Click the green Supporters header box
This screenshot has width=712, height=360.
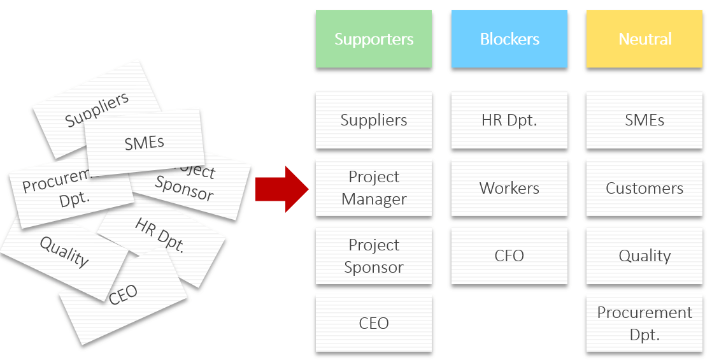[x=374, y=39]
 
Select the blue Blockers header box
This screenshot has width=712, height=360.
[x=509, y=39]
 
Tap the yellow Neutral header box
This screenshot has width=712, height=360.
[x=645, y=39]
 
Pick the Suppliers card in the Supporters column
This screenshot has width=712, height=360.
[x=374, y=120]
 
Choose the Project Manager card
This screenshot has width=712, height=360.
[x=374, y=188]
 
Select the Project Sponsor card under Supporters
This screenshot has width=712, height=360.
[x=374, y=256]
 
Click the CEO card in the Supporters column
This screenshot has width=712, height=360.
[x=374, y=324]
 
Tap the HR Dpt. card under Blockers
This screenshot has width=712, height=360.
[x=509, y=120]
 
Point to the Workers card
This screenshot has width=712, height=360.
[x=509, y=188]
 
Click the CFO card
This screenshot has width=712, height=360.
[x=509, y=256]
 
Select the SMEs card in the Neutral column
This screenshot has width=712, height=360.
[x=645, y=120]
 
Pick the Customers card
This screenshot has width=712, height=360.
[x=645, y=188]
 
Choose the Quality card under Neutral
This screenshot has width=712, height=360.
[x=645, y=256]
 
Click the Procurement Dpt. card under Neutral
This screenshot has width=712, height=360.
[x=645, y=324]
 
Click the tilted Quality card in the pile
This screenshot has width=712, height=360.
[x=64, y=252]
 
